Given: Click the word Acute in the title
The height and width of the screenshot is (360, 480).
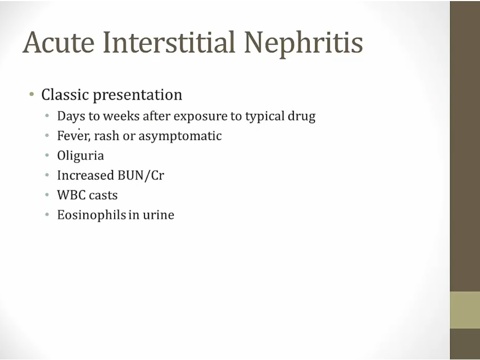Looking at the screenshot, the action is pyautogui.click(x=59, y=42).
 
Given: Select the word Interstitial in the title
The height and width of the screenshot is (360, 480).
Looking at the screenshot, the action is pyautogui.click(x=169, y=42).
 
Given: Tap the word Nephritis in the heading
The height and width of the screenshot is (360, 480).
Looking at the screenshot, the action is pyautogui.click(x=303, y=44).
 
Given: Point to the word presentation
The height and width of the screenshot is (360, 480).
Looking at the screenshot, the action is pyautogui.click(x=138, y=95).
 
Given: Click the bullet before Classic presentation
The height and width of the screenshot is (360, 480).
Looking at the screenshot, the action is pyautogui.click(x=31, y=94).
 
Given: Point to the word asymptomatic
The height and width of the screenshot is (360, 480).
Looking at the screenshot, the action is pyautogui.click(x=180, y=137).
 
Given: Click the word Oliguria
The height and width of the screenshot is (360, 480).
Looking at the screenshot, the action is pyautogui.click(x=81, y=156).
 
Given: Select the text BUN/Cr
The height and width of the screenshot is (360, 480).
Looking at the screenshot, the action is pyautogui.click(x=141, y=175).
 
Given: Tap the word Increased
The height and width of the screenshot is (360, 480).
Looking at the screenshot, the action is pyautogui.click(x=85, y=175).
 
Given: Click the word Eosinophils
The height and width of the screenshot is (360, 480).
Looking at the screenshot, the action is pyautogui.click(x=92, y=215).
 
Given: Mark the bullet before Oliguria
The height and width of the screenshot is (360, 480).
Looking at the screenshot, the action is pyautogui.click(x=47, y=156).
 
